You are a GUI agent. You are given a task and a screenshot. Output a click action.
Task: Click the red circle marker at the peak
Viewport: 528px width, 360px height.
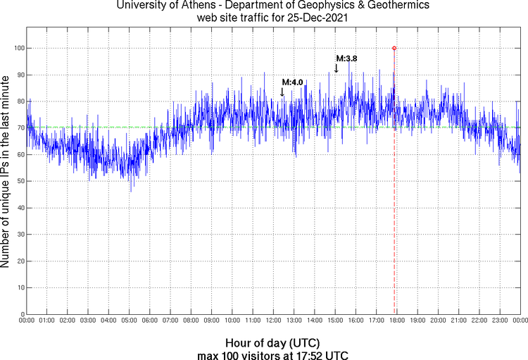394,48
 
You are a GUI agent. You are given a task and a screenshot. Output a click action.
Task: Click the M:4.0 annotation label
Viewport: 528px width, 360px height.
292,82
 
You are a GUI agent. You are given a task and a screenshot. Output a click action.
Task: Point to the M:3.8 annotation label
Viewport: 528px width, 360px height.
346,58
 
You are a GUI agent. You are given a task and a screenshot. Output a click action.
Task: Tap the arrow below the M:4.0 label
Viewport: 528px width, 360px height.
282,92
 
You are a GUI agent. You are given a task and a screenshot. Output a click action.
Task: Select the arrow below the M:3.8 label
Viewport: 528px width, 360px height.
337,68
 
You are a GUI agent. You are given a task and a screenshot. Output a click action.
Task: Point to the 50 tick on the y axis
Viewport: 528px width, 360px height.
20,181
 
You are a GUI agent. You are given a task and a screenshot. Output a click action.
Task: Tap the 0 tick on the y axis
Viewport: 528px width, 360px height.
22,314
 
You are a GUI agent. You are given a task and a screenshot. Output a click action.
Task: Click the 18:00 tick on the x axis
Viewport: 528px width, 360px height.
396,321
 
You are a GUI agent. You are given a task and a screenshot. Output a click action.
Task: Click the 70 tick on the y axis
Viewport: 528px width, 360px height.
20,128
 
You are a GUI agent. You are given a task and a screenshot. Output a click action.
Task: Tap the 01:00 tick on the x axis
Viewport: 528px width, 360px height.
47,321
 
